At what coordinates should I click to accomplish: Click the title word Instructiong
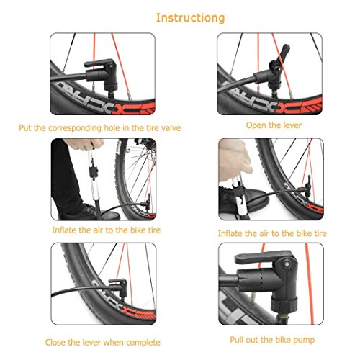tap(191, 18)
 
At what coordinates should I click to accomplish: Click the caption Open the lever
tap(274, 125)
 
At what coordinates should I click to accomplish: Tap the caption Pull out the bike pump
tap(272, 340)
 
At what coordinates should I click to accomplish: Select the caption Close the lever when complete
tap(103, 342)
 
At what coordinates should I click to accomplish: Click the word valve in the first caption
tap(171, 127)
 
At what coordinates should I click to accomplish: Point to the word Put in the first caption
tap(25, 127)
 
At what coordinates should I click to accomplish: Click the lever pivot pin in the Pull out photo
tap(287, 264)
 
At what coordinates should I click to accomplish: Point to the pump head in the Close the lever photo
tap(120, 286)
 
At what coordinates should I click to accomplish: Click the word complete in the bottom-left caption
tap(143, 343)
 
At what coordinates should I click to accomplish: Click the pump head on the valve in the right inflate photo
tap(307, 185)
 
